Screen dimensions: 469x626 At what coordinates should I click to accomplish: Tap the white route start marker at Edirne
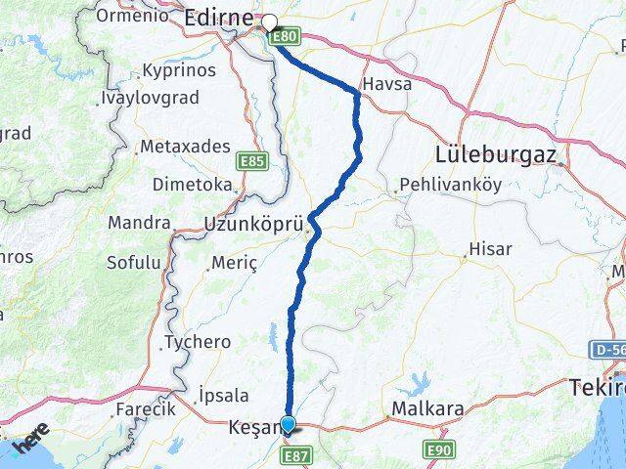pyautogui.click(x=269, y=21)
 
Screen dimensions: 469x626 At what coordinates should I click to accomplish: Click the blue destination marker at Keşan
pyautogui.click(x=288, y=424)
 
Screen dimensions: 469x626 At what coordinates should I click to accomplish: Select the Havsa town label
pyautogui.click(x=386, y=84)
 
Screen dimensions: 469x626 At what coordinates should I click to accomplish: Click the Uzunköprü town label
pyautogui.click(x=247, y=224)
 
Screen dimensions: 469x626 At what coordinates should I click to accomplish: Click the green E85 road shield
pyautogui.click(x=251, y=157)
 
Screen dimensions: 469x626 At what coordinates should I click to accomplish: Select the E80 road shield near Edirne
pyautogui.click(x=285, y=36)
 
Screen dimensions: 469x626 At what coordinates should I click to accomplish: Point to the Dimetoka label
pyautogui.click(x=192, y=184)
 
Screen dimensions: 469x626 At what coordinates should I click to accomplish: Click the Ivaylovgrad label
pyautogui.click(x=150, y=99)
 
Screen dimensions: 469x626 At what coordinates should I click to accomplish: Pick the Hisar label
pyautogui.click(x=490, y=249)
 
